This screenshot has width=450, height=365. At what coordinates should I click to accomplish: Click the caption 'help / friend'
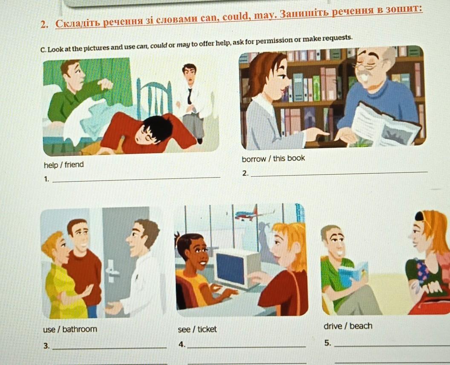pyautogui.click(x=64, y=165)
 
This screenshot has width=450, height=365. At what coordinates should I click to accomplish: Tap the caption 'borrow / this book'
pyautogui.click(x=273, y=158)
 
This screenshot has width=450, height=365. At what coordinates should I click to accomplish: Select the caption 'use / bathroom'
pyautogui.click(x=70, y=329)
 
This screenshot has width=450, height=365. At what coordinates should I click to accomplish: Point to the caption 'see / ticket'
pyautogui.click(x=197, y=329)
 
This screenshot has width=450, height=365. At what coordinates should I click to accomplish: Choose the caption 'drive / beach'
pyautogui.click(x=348, y=326)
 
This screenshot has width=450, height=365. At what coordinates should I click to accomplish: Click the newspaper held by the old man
pyautogui.click(x=384, y=125)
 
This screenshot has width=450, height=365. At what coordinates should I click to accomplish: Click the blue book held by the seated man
pyautogui.click(x=352, y=273)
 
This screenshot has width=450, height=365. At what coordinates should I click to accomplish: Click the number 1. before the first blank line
pyautogui.click(x=46, y=179)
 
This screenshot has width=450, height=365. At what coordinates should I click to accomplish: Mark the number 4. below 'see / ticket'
pyautogui.click(x=182, y=344)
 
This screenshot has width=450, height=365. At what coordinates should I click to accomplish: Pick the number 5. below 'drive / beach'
pyautogui.click(x=328, y=342)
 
